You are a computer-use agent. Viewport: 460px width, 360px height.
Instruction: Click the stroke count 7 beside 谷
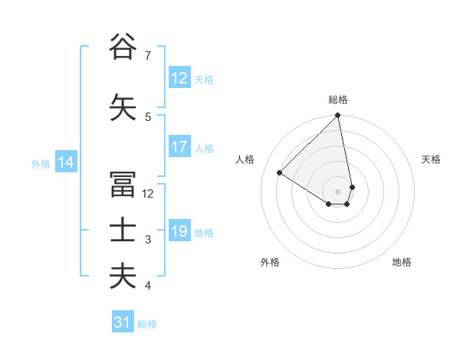click(x=147, y=56)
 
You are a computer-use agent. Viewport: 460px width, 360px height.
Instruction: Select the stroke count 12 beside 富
click(x=149, y=194)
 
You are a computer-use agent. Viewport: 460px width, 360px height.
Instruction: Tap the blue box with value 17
click(x=179, y=148)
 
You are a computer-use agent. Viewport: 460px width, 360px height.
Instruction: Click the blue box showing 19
click(x=179, y=232)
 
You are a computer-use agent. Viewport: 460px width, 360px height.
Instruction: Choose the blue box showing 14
click(x=65, y=162)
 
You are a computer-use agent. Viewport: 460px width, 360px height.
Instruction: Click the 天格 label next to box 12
click(x=204, y=80)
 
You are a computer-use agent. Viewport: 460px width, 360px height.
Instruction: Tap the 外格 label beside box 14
click(x=41, y=163)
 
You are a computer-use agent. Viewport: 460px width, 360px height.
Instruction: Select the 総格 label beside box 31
click(x=147, y=324)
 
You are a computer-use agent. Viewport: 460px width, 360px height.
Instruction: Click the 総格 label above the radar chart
click(x=338, y=100)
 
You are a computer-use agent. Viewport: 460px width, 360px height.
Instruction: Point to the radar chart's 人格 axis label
click(x=245, y=159)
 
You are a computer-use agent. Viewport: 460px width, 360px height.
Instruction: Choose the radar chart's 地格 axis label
click(x=402, y=263)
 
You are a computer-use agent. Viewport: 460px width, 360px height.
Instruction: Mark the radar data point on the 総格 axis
click(x=338, y=116)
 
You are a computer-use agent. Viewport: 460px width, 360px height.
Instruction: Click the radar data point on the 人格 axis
click(x=280, y=173)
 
